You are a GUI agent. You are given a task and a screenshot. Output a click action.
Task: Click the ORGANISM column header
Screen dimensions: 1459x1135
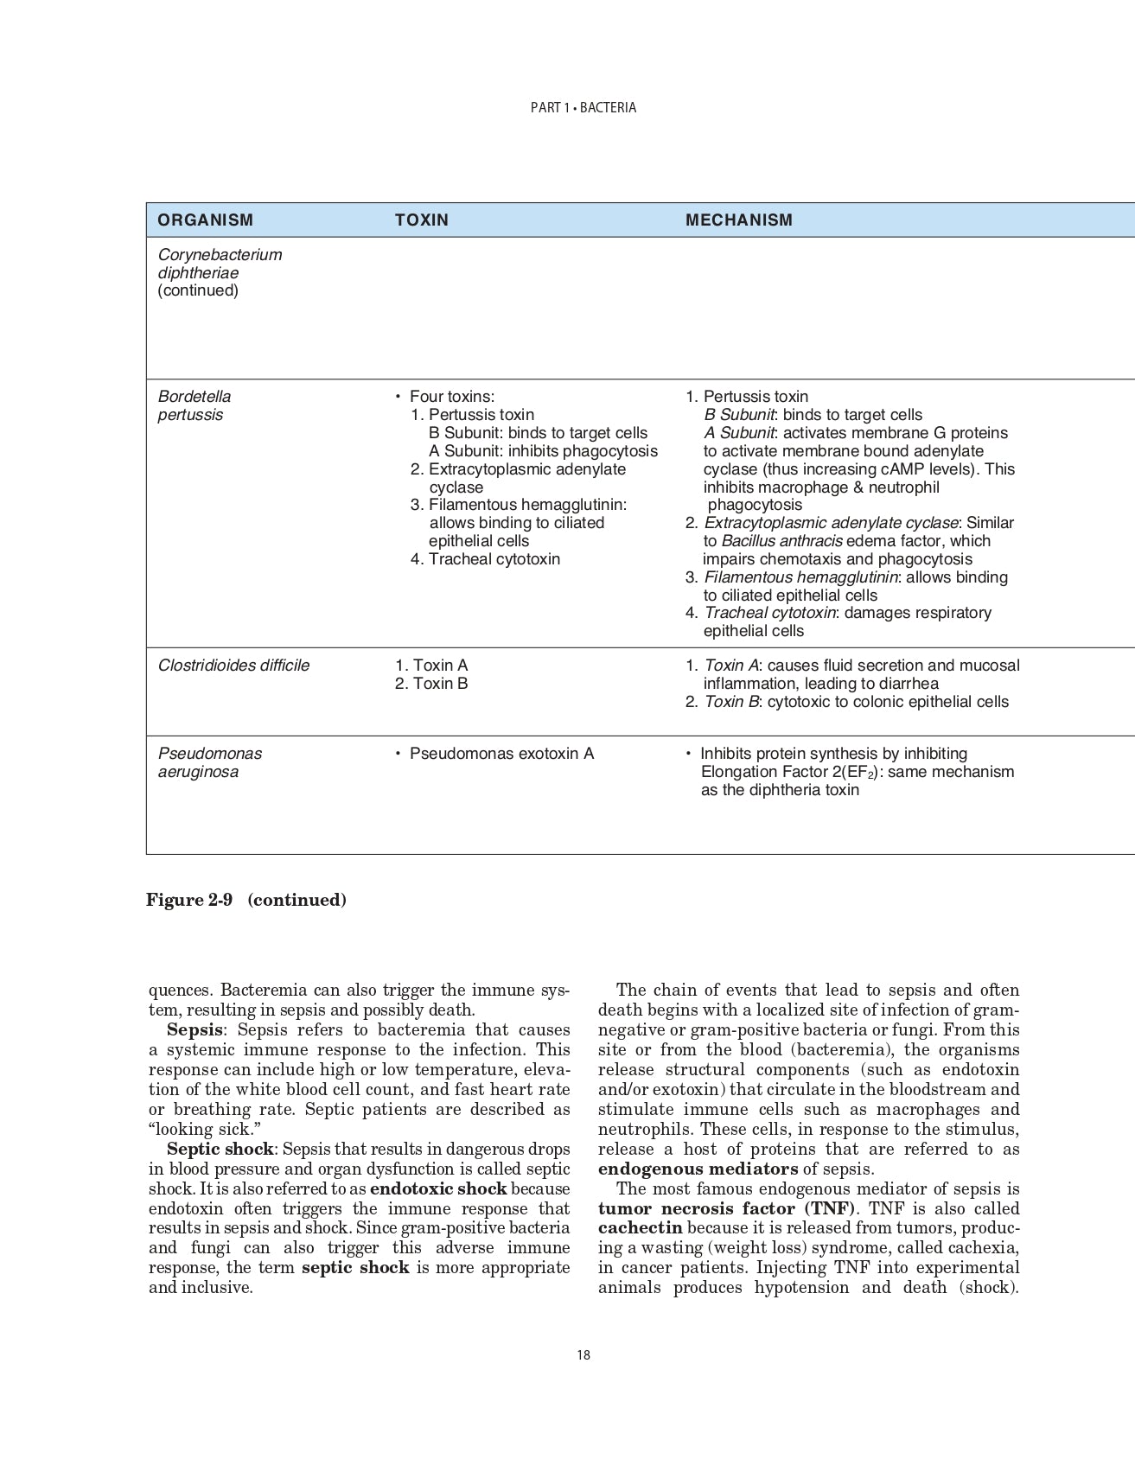click(206, 220)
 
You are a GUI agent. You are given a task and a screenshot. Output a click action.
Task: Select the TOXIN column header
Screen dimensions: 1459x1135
click(422, 220)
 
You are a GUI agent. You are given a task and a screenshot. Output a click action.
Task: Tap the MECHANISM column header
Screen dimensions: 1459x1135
click(738, 220)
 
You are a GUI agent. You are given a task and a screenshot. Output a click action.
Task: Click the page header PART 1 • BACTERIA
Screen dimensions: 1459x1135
click(583, 108)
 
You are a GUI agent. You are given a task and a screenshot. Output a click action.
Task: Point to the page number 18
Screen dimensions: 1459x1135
click(583, 1355)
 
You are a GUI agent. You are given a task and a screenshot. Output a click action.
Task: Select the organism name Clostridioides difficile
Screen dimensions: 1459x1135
click(233, 666)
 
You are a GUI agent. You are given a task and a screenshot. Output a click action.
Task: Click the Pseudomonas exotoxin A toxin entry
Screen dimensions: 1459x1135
click(501, 754)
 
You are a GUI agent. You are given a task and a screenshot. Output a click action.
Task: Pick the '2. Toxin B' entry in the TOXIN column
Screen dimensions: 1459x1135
click(431, 684)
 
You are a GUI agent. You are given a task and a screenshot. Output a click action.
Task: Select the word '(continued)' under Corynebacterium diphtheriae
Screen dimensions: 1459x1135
click(198, 290)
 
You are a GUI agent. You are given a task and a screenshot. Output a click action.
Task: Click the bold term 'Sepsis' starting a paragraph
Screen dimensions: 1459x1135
click(194, 1030)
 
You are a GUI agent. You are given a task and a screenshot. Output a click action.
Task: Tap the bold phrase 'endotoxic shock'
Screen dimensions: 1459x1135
click(438, 1189)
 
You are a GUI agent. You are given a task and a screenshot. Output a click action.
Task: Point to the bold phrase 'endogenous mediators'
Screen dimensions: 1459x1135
click(698, 1169)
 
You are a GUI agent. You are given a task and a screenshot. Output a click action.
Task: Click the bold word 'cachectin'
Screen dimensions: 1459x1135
click(640, 1228)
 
